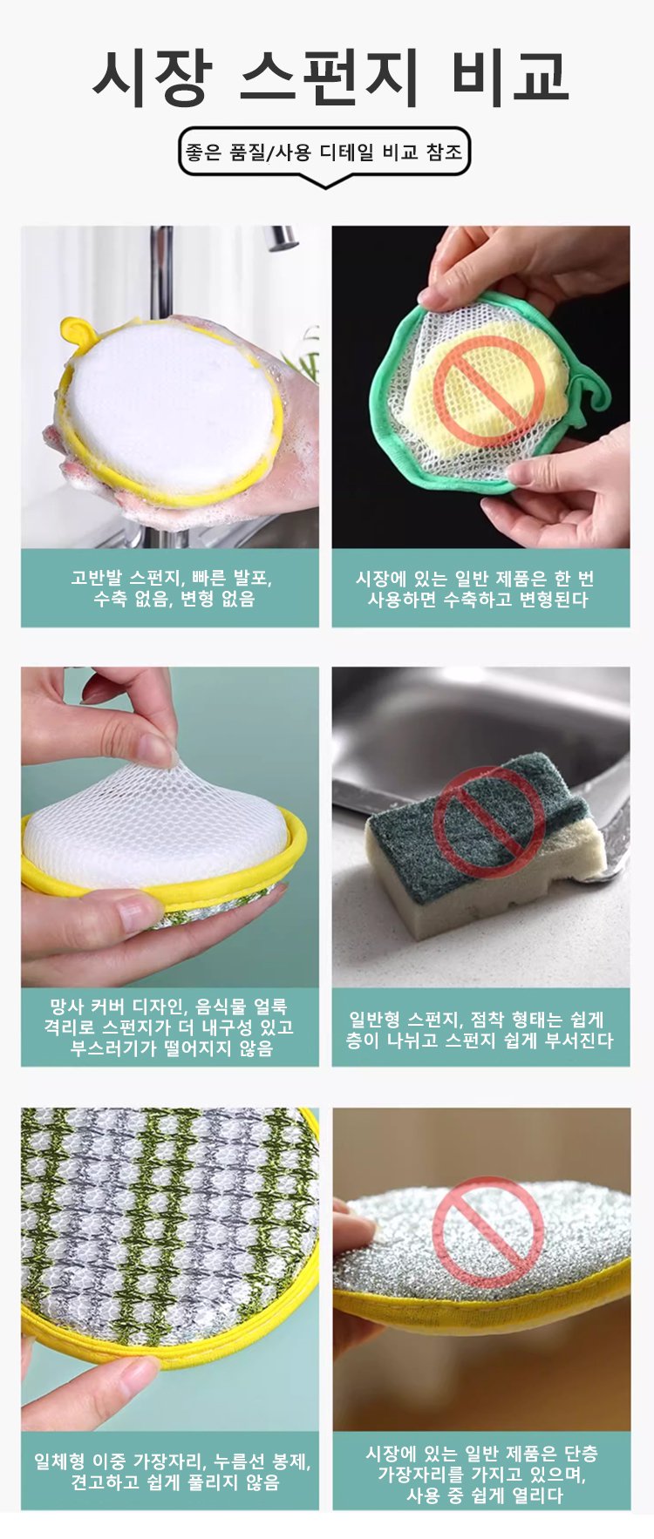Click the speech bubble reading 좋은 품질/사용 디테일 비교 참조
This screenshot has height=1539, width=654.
click(x=324, y=153)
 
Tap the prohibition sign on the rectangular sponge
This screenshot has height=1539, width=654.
click(x=489, y=823)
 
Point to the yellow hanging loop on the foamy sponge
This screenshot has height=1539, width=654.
click(x=77, y=332)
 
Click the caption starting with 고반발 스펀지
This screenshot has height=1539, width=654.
click(x=171, y=588)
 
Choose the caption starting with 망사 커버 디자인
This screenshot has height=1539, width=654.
click(x=170, y=1027)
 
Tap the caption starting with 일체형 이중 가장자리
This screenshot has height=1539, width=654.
click(x=172, y=1471)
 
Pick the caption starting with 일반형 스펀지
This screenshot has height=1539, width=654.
click(x=480, y=1029)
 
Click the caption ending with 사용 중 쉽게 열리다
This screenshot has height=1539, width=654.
click(x=481, y=1474)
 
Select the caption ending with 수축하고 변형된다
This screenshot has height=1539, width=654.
click(x=480, y=589)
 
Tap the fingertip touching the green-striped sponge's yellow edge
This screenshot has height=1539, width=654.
click(x=131, y=1379)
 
